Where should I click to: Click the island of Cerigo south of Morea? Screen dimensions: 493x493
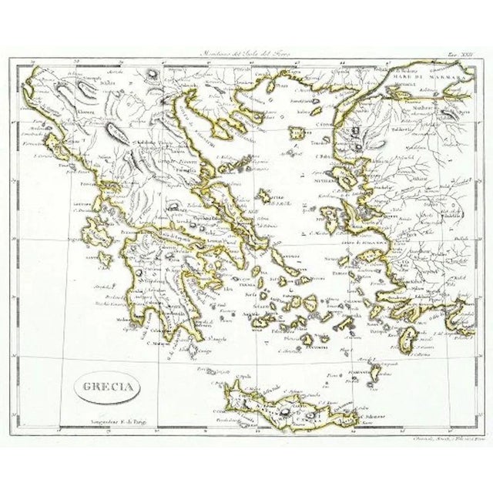[x=203, y=348]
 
